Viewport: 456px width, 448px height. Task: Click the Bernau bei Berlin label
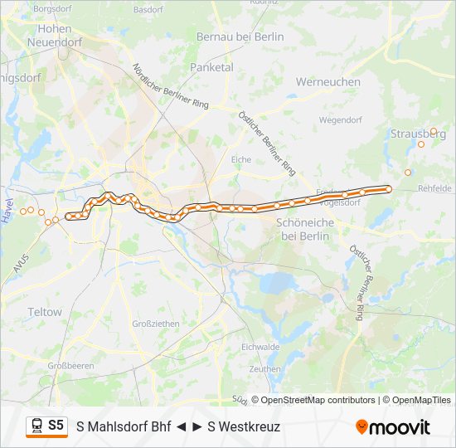(x=240, y=37)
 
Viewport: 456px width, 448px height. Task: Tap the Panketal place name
(x=211, y=67)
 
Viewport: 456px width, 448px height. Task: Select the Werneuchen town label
(x=328, y=82)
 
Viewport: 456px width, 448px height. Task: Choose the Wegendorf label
(x=341, y=119)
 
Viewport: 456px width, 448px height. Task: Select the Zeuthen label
(x=264, y=368)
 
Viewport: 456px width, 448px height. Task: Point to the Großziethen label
(x=155, y=324)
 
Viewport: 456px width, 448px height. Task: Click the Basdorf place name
(x=148, y=10)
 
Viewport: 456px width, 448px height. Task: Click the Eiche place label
(x=241, y=158)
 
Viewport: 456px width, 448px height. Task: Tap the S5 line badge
(x=56, y=426)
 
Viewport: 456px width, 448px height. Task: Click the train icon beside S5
(x=36, y=426)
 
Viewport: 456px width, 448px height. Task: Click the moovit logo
(x=393, y=426)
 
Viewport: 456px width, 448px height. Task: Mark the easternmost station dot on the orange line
(x=388, y=188)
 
